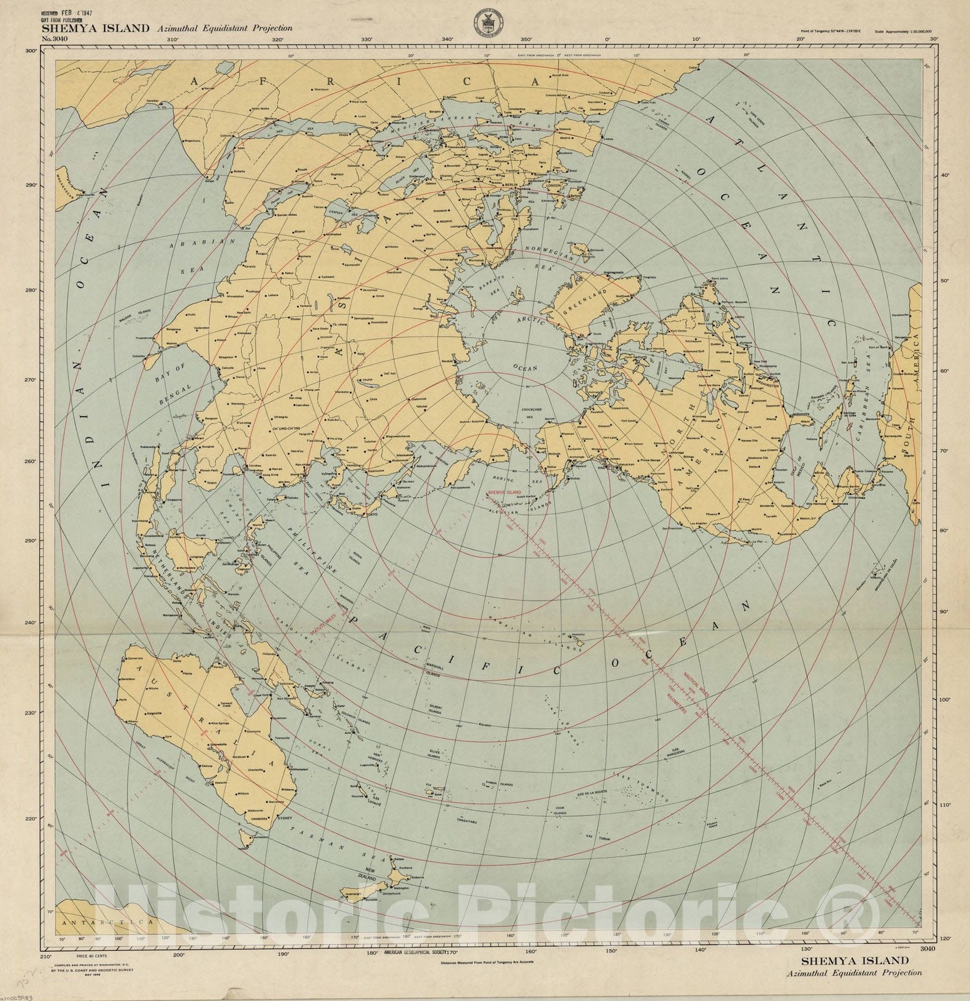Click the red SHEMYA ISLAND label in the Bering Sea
pos(503,492)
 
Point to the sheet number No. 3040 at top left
pos(54,39)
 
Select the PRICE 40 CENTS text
pos(89,957)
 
